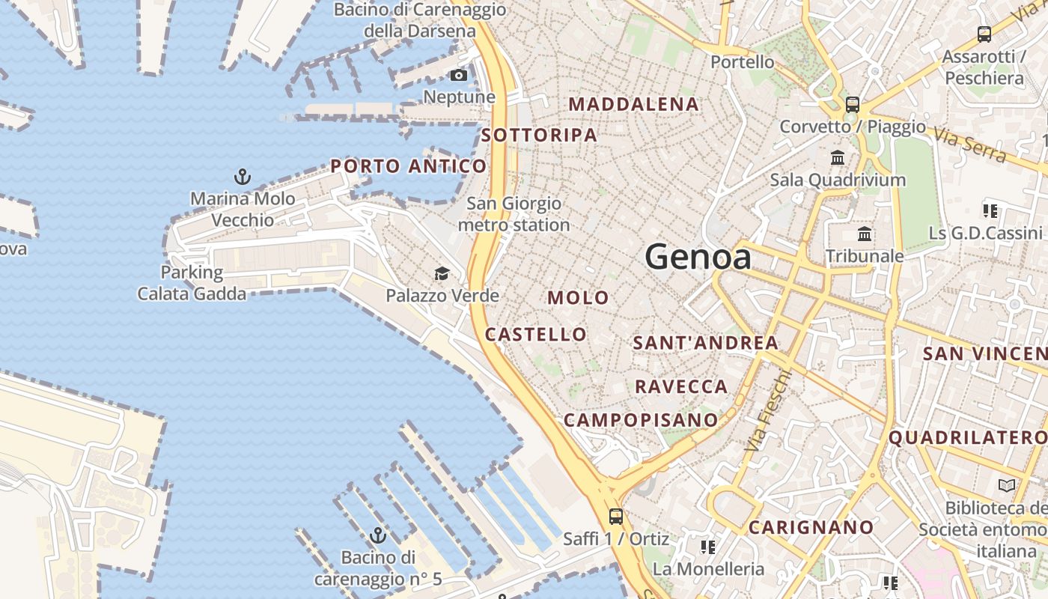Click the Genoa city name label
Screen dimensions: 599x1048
point(698,258)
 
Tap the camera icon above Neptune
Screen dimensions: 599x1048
point(459,75)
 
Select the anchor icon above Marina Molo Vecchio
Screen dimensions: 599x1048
point(242,177)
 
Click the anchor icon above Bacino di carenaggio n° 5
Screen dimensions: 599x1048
point(378,536)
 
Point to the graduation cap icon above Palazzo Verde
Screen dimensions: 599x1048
point(442,274)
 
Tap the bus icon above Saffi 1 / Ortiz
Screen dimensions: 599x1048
point(616,516)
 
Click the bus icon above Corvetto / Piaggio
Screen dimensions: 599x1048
point(853,105)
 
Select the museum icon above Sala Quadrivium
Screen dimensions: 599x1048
point(838,158)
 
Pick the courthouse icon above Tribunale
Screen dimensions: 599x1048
point(865,234)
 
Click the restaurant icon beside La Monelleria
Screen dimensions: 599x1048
point(707,547)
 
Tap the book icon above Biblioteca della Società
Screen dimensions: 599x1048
point(1007,486)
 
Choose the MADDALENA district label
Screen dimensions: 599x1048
point(634,104)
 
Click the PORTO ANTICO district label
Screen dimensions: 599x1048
point(409,166)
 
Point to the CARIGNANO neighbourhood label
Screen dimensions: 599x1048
point(811,527)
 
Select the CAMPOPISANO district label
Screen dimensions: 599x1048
point(641,420)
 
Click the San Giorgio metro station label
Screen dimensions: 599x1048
point(514,214)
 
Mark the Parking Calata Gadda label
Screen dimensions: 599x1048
point(192,283)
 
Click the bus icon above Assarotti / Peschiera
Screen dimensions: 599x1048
point(984,34)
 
